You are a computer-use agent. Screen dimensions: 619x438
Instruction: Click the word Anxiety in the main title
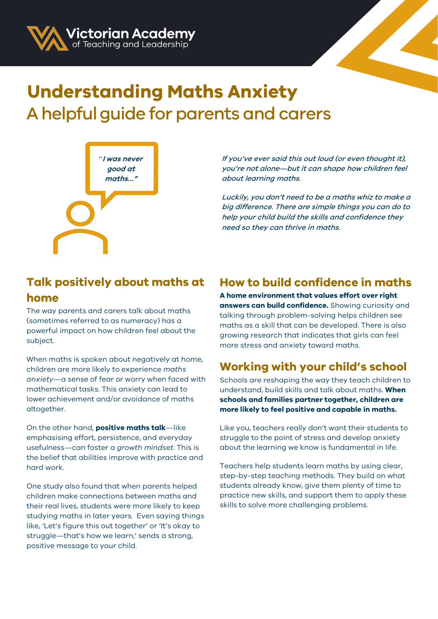262,92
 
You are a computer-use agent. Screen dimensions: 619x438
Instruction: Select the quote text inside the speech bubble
121,169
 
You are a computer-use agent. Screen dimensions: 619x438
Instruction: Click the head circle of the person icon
80,214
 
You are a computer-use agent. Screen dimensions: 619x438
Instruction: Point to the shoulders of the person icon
80,241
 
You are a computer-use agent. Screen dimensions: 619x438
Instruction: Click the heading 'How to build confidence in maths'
316,282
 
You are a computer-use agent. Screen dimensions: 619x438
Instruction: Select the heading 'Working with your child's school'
313,366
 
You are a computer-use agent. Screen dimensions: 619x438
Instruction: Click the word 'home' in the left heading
43,298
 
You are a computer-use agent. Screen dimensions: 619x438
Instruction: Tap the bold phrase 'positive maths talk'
131,428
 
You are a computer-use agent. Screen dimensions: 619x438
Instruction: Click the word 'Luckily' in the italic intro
235,197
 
